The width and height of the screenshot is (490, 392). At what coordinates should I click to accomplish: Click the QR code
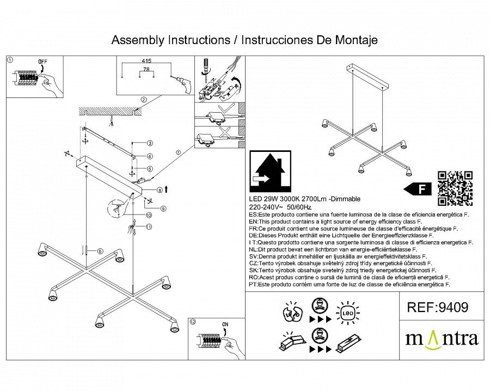pos(455,188)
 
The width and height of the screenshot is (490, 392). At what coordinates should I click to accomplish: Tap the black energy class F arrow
pos(418,189)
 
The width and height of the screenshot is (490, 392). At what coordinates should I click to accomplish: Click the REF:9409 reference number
pos(437,308)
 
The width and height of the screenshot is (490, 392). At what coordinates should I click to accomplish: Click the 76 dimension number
pos(146,70)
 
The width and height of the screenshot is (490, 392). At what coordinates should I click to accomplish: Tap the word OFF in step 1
pos(42,62)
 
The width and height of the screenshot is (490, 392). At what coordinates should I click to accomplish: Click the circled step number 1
pos(10,60)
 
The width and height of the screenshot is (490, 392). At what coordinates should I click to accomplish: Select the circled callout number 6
pos(100,250)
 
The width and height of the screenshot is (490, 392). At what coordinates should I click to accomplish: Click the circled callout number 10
pos(149,215)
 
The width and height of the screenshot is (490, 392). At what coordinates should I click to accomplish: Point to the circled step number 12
pos(192,321)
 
